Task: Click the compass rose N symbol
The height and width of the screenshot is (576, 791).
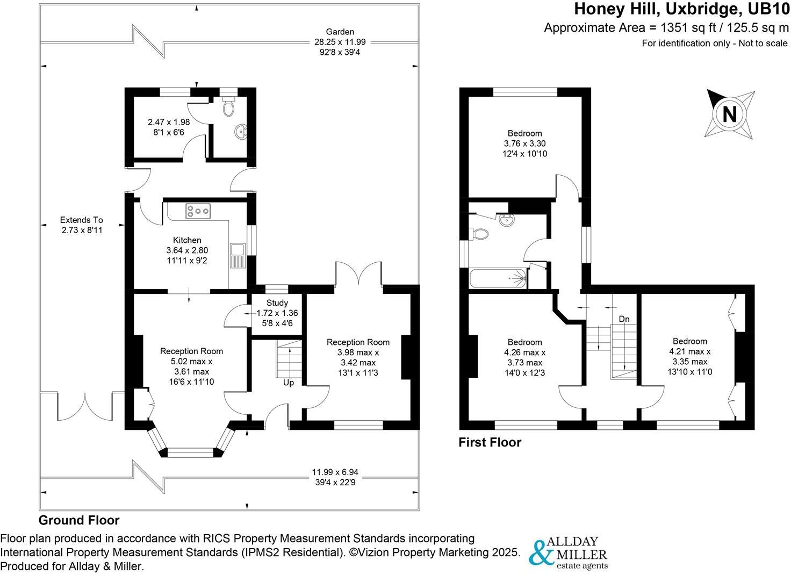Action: click(x=729, y=115)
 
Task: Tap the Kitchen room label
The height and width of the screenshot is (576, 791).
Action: click(x=187, y=240)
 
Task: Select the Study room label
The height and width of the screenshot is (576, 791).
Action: click(x=277, y=303)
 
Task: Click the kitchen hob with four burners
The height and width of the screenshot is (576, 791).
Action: click(x=198, y=211)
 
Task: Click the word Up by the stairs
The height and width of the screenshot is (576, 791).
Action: click(x=289, y=383)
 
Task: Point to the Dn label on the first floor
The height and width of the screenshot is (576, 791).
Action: click(x=624, y=319)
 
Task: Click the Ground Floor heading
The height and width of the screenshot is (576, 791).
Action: click(x=79, y=520)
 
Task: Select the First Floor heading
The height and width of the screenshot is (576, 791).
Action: click(x=490, y=442)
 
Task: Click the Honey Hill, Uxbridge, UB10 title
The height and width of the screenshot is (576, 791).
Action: click(x=682, y=9)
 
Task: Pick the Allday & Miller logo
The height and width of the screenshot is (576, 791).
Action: click(x=569, y=552)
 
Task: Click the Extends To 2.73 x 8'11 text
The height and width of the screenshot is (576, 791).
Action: click(x=81, y=225)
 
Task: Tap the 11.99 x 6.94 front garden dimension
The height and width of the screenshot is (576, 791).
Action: click(x=335, y=472)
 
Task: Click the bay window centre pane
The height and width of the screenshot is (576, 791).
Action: click(x=191, y=453)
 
